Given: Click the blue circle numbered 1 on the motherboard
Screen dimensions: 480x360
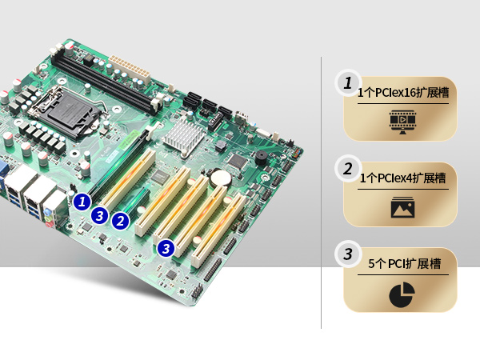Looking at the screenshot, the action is (x=82, y=202).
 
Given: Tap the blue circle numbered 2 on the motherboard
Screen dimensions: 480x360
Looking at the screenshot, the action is (x=120, y=221).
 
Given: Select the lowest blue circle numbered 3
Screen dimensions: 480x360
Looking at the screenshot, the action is (x=166, y=248).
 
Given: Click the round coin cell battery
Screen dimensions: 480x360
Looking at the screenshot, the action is (x=221, y=178).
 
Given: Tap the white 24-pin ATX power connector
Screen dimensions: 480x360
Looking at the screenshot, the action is (x=130, y=70).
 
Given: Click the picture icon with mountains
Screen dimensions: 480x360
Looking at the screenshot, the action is (x=403, y=207).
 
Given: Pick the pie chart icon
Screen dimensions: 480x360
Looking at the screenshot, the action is (x=402, y=294).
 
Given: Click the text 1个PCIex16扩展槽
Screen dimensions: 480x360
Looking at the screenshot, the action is (x=403, y=93).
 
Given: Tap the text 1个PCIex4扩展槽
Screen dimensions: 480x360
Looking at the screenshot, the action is (x=402, y=178).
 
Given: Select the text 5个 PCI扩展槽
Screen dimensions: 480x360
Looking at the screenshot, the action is (x=404, y=263).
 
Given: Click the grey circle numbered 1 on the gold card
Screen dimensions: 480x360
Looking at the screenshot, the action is (x=348, y=83).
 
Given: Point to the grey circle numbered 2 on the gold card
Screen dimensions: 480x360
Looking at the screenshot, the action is (x=348, y=169).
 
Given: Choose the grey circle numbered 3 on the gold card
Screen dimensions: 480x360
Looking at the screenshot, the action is (x=348, y=254).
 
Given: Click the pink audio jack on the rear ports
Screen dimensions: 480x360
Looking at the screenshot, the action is (x=48, y=224).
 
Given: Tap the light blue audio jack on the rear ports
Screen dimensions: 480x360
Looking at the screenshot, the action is (x=47, y=211).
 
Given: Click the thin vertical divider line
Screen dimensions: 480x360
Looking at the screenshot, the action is (x=321, y=193).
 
